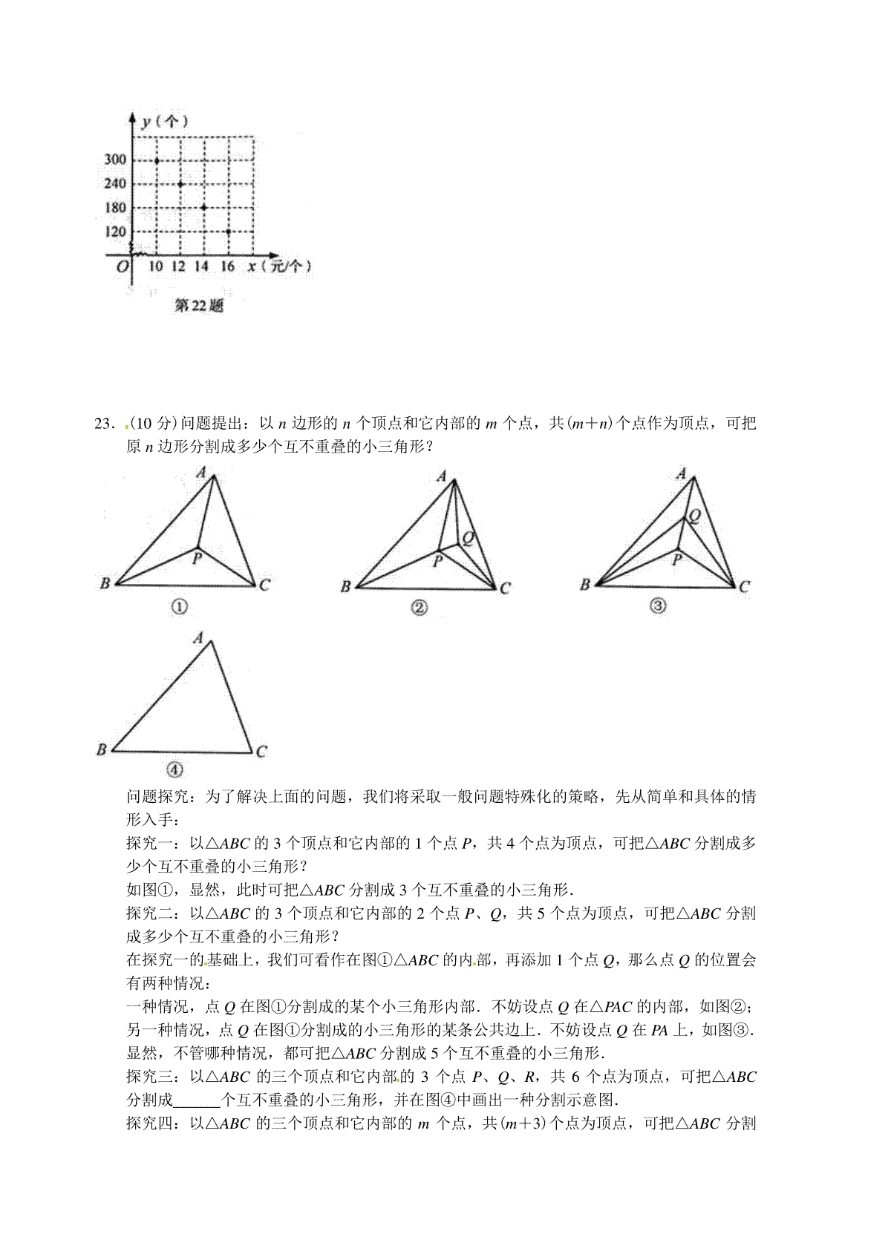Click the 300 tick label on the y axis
point(115,160)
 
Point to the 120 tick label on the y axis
point(115,232)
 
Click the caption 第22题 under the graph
point(198,305)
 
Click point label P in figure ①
point(198,558)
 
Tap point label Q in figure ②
point(469,538)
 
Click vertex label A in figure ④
point(198,637)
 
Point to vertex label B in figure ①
point(105,583)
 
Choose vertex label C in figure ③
point(745,586)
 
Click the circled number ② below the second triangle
point(420,608)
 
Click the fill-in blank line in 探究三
point(197,1100)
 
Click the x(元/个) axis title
point(279,266)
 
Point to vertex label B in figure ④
point(102,749)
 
